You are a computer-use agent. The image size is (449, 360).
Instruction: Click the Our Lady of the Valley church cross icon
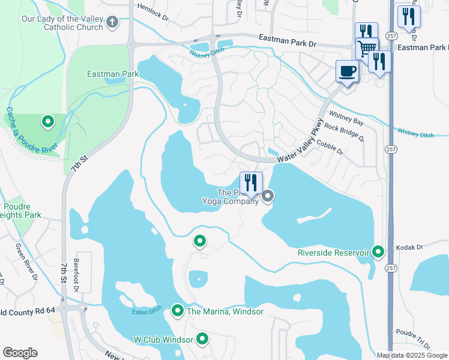point(112,23)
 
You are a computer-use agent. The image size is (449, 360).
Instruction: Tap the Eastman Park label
point(113,74)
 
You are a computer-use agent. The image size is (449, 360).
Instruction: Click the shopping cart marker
point(367,47)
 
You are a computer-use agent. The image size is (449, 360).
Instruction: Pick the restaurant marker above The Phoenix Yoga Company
point(251,183)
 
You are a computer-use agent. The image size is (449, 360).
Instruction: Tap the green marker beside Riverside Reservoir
point(378,252)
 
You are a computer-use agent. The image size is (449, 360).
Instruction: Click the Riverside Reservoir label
point(333,253)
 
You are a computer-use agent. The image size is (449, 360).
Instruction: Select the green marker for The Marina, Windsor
point(178,311)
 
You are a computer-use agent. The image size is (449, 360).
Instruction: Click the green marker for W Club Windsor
point(203,339)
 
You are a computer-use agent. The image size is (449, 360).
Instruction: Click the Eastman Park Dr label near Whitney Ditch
point(287,40)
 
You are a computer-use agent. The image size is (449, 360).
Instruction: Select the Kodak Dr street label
point(410,247)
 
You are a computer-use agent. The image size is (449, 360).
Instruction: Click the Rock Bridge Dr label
point(344,131)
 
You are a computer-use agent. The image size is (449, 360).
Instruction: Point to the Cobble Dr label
point(330,148)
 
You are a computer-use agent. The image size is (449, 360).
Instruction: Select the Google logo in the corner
point(20,353)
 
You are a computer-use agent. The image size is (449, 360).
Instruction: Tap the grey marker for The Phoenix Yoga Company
point(268,196)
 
